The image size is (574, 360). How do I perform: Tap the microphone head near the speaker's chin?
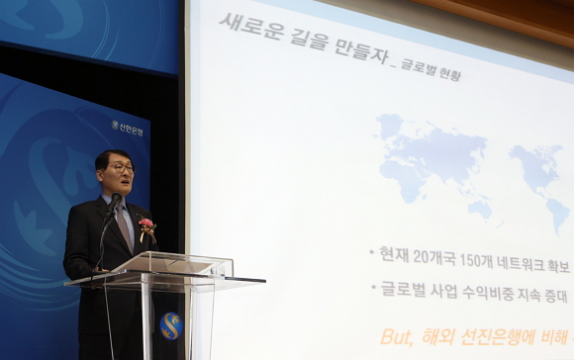click(117, 200)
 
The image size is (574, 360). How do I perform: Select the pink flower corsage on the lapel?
click(146, 227)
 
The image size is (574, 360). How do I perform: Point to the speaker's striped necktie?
click(124, 227)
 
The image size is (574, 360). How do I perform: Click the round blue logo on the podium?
click(171, 325)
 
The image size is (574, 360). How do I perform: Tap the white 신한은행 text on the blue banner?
click(131, 129)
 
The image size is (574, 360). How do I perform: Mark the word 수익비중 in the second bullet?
click(485, 291)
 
